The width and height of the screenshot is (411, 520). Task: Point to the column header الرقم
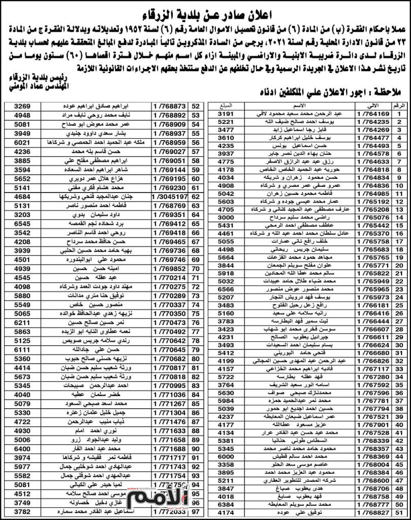tap(399, 106)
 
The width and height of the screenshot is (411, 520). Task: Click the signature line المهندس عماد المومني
tap(33, 87)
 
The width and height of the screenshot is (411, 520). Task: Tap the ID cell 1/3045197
tap(170, 196)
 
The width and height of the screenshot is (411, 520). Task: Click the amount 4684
tap(22, 196)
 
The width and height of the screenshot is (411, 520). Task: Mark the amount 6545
tap(22, 224)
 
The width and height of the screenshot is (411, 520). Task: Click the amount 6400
tap(22, 449)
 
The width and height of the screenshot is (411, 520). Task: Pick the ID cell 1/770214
tap(170, 278)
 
